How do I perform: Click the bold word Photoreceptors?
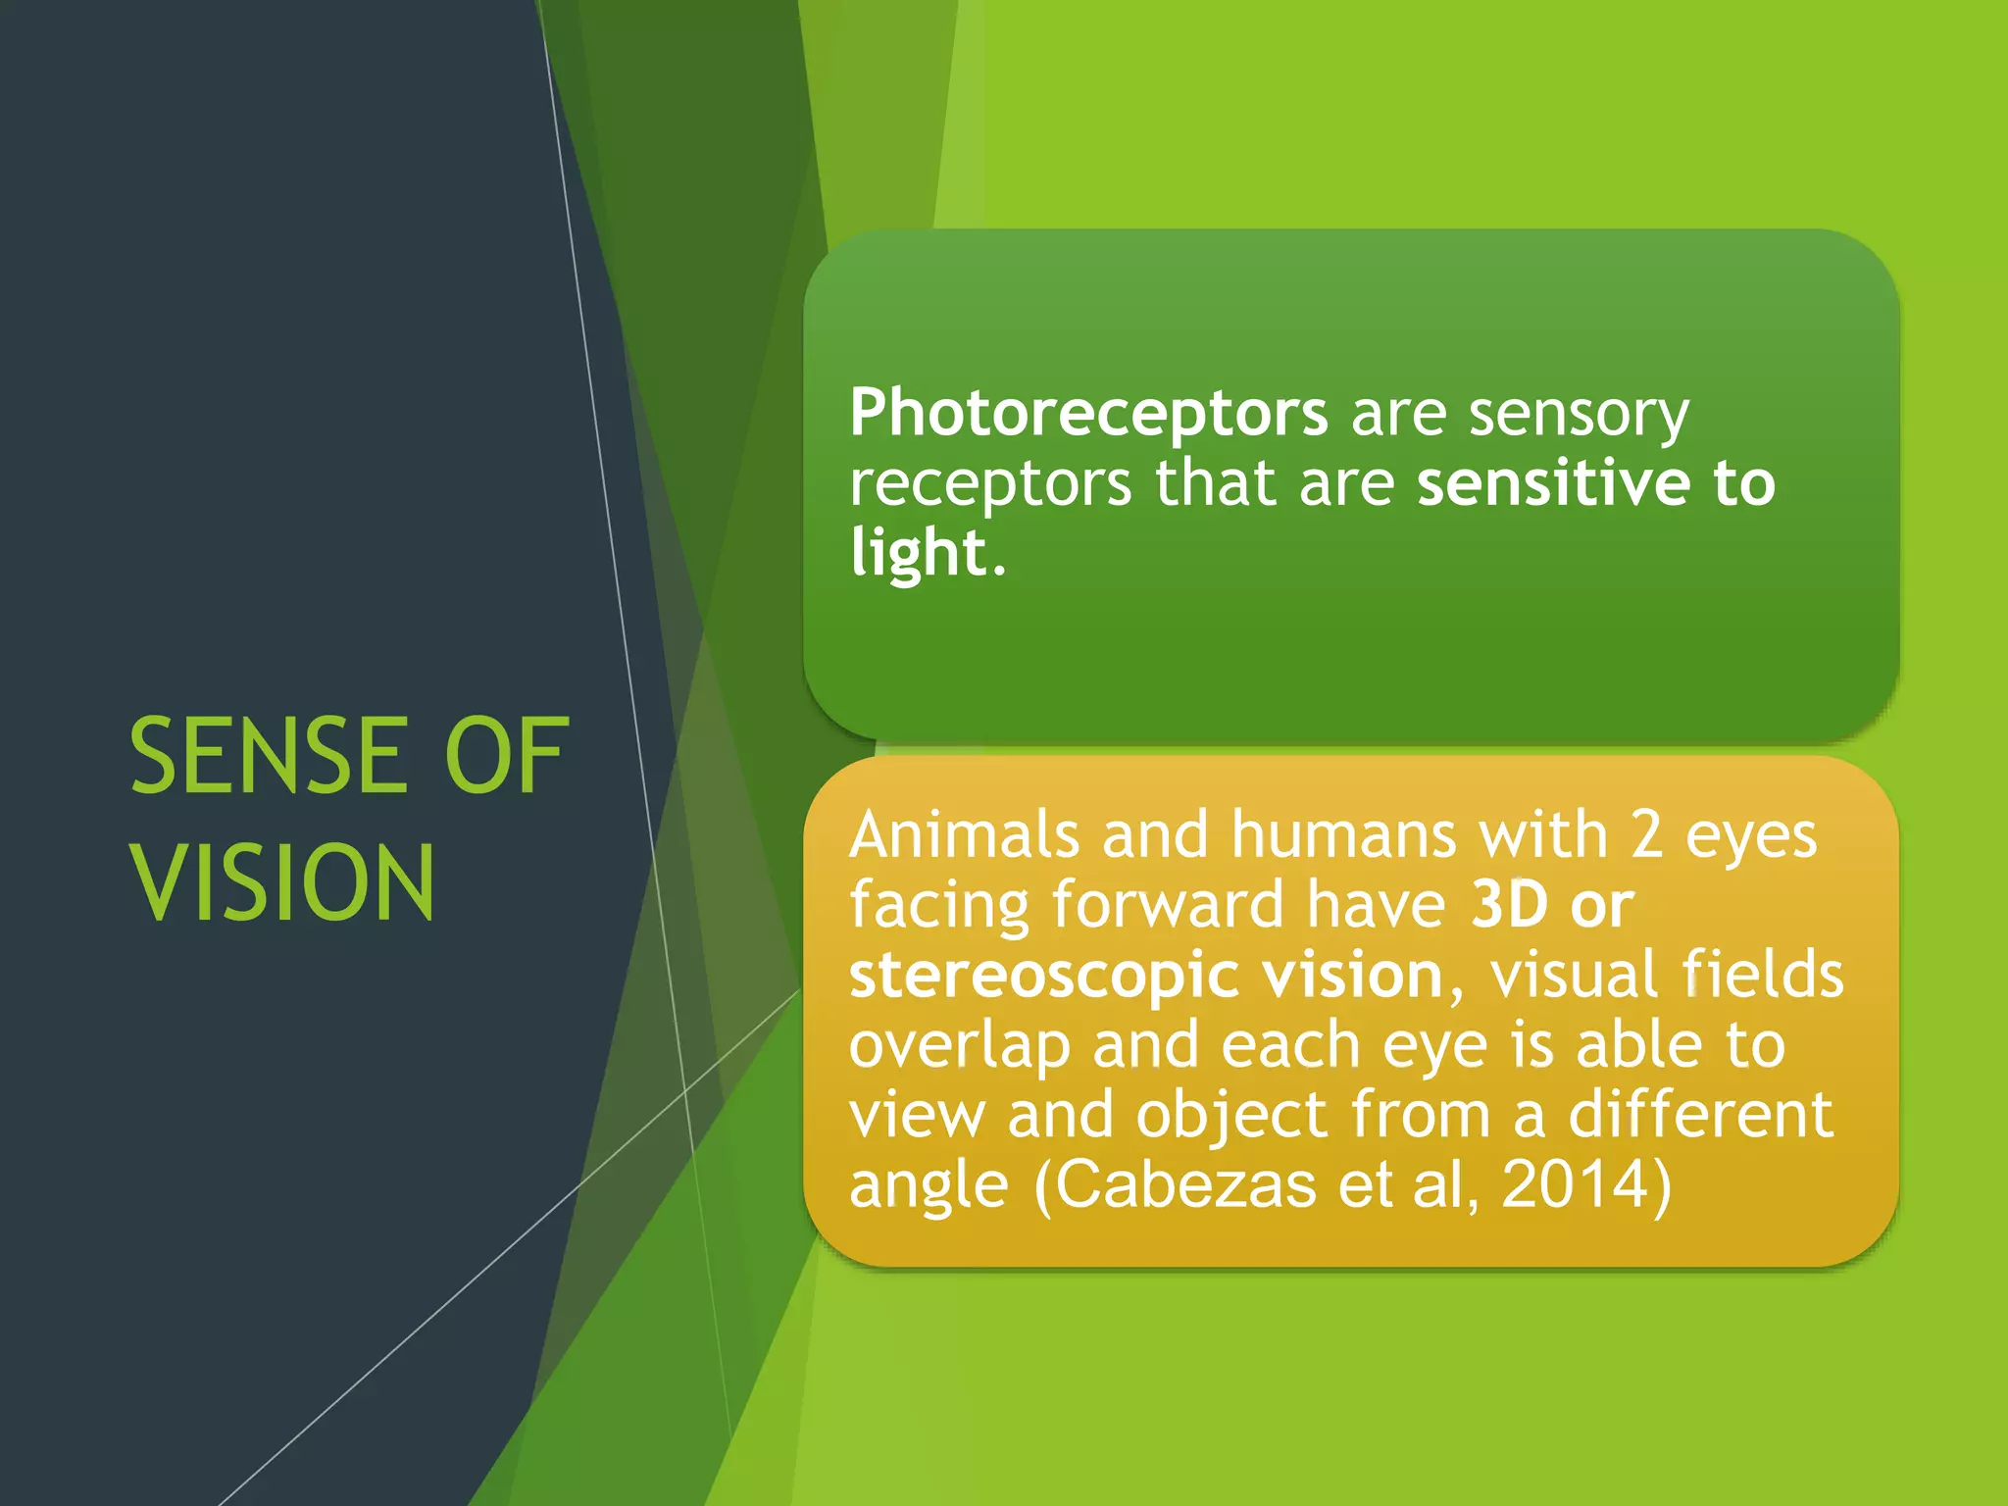coord(1088,414)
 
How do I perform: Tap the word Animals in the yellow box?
coord(964,835)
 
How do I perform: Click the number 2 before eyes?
coord(1647,835)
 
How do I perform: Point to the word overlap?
coord(959,1047)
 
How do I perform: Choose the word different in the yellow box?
coord(1700,1116)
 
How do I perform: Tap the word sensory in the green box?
coord(1579,414)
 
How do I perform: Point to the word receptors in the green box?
coord(990,485)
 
